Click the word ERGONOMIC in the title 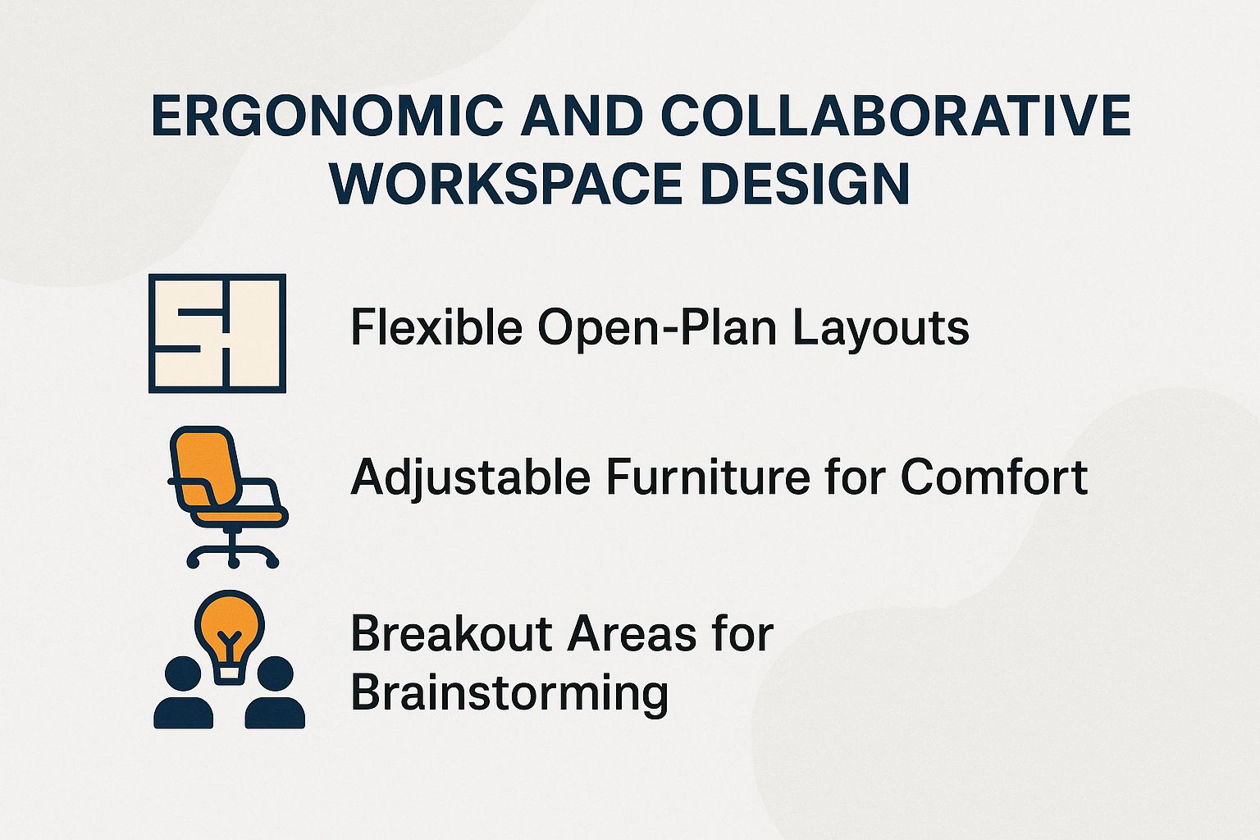326,116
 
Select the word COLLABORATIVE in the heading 896,116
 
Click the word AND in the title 582,116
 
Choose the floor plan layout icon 217,333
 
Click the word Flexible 436,327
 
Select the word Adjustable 470,477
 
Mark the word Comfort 994,477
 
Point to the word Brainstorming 509,693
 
